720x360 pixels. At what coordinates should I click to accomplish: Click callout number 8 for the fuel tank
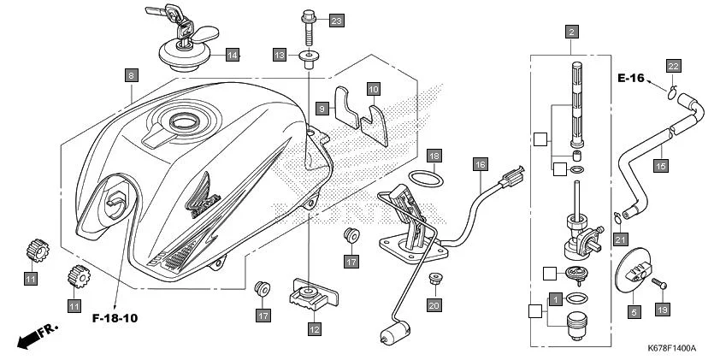click(x=131, y=75)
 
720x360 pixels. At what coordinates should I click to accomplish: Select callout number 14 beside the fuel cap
click(x=232, y=55)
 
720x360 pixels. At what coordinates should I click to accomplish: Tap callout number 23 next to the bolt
click(x=336, y=20)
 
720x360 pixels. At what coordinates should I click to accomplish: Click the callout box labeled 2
click(x=570, y=32)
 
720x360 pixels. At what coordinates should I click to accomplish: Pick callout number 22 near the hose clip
click(x=673, y=67)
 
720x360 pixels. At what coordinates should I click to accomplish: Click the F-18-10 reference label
click(x=115, y=318)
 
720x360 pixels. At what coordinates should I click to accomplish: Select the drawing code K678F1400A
click(x=671, y=349)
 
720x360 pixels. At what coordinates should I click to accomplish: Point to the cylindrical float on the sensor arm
click(x=396, y=331)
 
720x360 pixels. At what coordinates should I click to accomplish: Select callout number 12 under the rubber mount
click(x=314, y=328)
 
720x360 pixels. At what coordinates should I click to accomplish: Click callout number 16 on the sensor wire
click(x=480, y=163)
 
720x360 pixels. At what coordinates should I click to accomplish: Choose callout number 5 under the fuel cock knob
click(x=634, y=312)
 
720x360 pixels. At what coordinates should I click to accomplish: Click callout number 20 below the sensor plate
click(x=434, y=304)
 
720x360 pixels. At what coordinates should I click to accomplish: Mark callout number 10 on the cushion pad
click(x=373, y=88)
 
